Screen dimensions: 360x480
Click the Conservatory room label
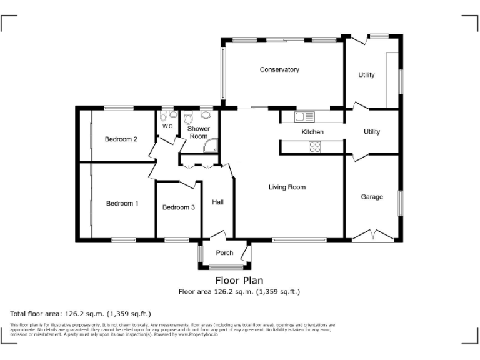(x=279, y=69)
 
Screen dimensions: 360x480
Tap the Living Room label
(x=287, y=187)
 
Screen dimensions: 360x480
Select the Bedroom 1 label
(x=122, y=203)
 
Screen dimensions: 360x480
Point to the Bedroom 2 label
(x=121, y=139)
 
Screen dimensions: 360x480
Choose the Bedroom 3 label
(x=178, y=207)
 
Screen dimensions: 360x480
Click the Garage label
(x=372, y=197)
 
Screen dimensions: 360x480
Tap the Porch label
(x=224, y=252)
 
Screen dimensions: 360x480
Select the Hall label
(x=218, y=202)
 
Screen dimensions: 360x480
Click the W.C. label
(x=167, y=126)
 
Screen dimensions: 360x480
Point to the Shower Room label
(x=199, y=132)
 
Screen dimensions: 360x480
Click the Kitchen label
(x=312, y=132)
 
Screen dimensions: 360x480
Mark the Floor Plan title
(x=239, y=281)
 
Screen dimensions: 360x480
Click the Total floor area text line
(x=81, y=314)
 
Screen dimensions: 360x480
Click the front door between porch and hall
(x=217, y=236)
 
